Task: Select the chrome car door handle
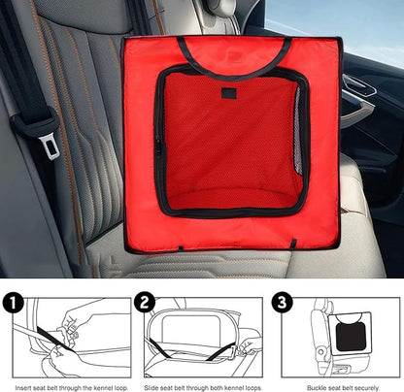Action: (x=358, y=84)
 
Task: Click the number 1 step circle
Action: (x=13, y=303)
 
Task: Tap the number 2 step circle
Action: (x=145, y=303)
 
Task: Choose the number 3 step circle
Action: (x=282, y=303)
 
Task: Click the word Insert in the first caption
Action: (x=23, y=387)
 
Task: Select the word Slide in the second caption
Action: (x=151, y=387)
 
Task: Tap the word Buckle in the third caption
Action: (x=317, y=387)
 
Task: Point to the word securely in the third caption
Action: (x=366, y=387)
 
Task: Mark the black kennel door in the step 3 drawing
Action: (x=351, y=337)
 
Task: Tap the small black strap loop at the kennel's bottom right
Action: (x=293, y=244)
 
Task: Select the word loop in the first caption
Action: (x=121, y=388)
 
